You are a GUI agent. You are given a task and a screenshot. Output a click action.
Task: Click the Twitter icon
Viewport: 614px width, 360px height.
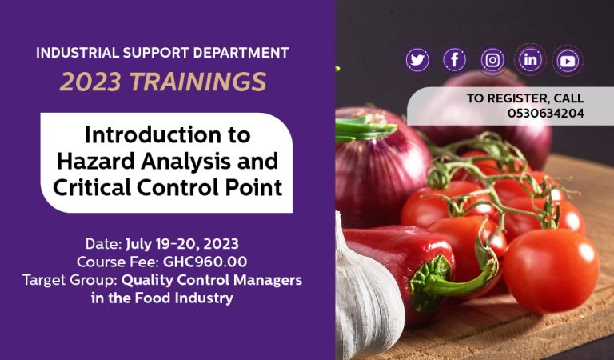click(417, 60)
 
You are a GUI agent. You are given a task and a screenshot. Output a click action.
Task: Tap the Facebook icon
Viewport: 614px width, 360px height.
click(454, 60)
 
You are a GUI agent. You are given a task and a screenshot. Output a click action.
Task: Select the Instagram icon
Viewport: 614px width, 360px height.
click(492, 60)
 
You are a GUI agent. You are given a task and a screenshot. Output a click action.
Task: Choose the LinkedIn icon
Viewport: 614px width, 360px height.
click(530, 59)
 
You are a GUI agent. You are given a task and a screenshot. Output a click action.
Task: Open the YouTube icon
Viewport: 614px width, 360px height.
click(568, 61)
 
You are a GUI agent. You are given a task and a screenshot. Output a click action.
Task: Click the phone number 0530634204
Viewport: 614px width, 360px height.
click(546, 114)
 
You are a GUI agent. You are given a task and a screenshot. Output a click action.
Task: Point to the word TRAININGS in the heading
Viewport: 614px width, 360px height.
click(198, 82)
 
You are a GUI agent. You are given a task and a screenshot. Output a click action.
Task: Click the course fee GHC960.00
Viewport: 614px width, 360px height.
click(205, 262)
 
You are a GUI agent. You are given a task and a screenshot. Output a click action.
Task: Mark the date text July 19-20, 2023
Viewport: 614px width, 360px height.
click(181, 244)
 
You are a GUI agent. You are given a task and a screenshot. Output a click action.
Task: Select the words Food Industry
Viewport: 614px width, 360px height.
click(184, 298)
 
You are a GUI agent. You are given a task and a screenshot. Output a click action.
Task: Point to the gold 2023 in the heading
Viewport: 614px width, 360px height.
click(91, 82)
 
